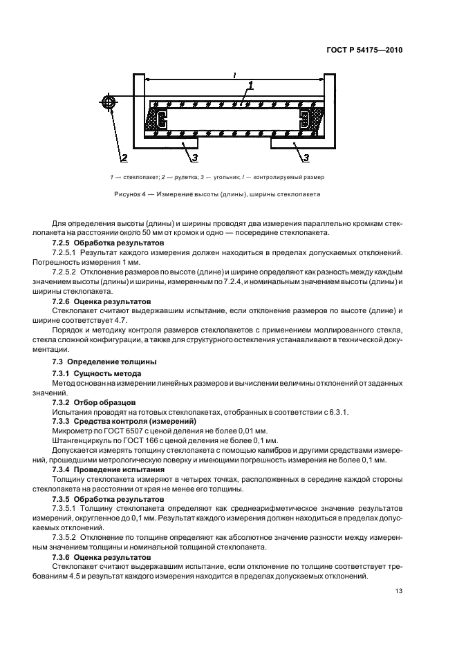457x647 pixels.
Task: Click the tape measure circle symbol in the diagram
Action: click(109, 102)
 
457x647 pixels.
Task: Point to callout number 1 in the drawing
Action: click(250, 86)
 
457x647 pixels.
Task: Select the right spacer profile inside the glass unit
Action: click(305, 118)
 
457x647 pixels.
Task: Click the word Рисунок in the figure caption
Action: click(130, 195)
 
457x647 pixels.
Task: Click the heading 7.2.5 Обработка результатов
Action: click(109, 244)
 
